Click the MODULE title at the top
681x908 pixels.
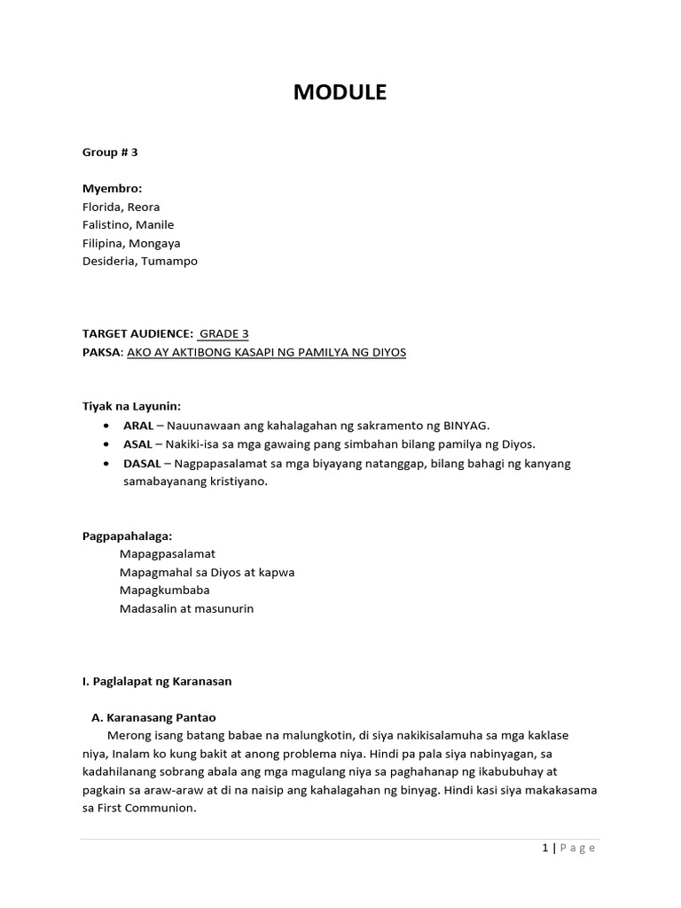click(x=340, y=92)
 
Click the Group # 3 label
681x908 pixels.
click(x=110, y=153)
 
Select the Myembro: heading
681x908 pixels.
click(x=112, y=189)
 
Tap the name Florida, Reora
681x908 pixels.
click(x=121, y=207)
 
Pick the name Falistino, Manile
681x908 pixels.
click(x=128, y=225)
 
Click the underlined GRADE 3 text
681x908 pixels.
click(x=223, y=333)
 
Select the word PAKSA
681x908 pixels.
click(x=101, y=352)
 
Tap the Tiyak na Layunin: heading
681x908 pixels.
click(x=131, y=406)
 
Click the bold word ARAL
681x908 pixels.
click(x=138, y=425)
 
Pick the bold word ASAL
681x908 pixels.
click(x=138, y=443)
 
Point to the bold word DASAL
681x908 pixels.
click(x=142, y=464)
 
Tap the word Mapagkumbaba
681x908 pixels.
click(x=165, y=590)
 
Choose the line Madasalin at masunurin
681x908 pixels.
click(x=186, y=608)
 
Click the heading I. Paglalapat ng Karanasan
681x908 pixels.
click(x=156, y=681)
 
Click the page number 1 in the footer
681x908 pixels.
click(x=544, y=848)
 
